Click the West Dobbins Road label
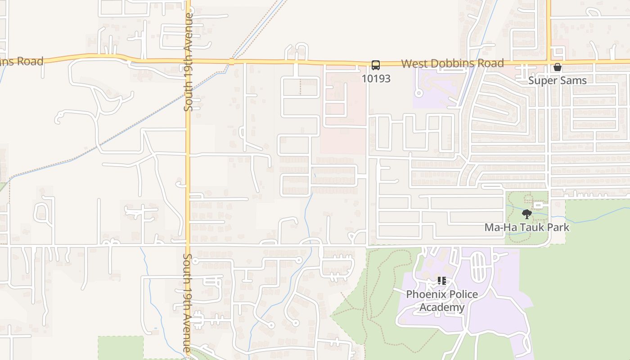coord(452,63)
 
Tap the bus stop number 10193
coord(376,79)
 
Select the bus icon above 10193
coord(376,65)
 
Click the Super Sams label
coord(558,81)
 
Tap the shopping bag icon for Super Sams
coord(558,67)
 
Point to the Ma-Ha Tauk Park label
coord(526,227)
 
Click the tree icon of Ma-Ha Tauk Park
coord(526,214)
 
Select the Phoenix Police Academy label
coord(442,301)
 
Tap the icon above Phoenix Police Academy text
coord(442,281)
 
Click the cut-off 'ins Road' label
coord(21,61)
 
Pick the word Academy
coord(442,307)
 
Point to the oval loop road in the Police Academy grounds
coord(478,265)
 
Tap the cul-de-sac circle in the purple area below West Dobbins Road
coord(419,94)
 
